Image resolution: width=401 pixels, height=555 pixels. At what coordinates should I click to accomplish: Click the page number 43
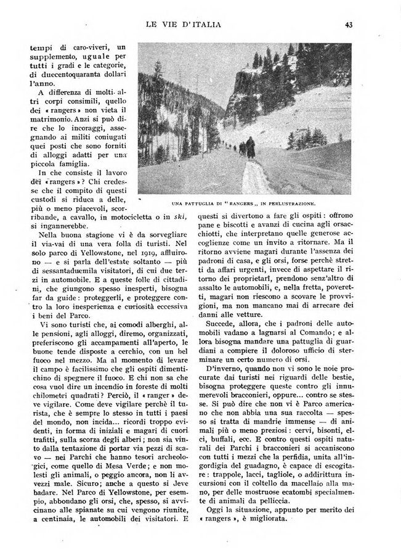click(348, 25)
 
